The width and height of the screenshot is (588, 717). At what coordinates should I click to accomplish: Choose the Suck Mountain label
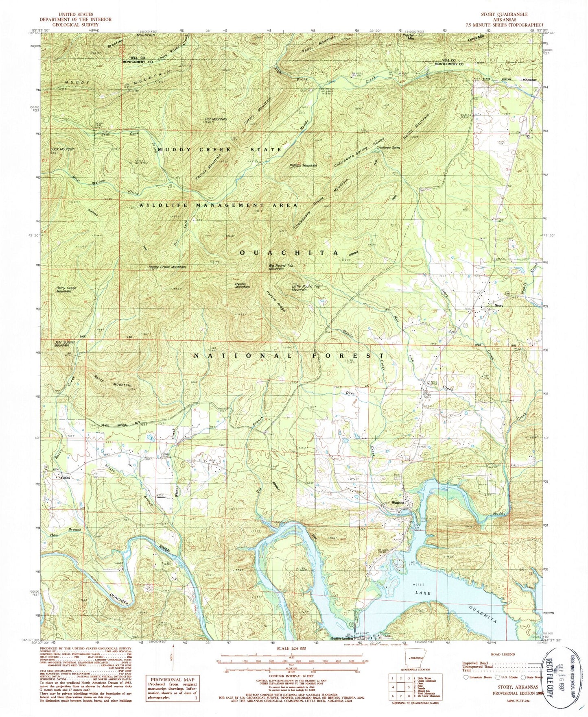(x=62, y=149)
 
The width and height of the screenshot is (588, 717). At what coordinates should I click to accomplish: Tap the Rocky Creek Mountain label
(x=167, y=267)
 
